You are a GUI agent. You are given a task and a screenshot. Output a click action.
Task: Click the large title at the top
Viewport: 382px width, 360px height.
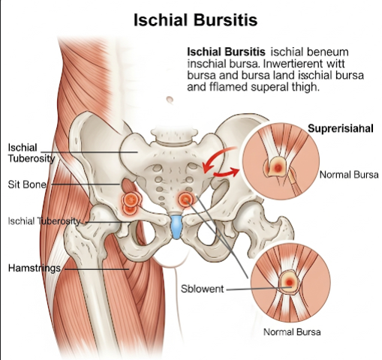click(195, 20)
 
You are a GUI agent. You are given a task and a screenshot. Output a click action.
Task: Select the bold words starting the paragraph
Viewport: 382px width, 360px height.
click(226, 52)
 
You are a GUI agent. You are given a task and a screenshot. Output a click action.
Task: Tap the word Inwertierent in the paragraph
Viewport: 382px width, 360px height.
click(293, 64)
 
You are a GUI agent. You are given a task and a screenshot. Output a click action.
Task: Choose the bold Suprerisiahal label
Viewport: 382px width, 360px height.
click(341, 128)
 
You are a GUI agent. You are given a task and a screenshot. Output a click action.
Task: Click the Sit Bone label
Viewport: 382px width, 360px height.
click(27, 184)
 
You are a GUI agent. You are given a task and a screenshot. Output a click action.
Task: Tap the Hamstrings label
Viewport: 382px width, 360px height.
click(35, 268)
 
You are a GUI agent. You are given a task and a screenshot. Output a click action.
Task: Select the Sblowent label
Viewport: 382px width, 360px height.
click(202, 289)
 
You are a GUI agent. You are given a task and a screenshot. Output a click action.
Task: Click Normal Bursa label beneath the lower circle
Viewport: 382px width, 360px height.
click(292, 332)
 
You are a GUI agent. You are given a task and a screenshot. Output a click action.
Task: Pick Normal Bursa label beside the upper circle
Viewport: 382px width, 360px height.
click(349, 175)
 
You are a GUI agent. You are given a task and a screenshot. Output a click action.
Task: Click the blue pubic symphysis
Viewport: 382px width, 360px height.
click(176, 226)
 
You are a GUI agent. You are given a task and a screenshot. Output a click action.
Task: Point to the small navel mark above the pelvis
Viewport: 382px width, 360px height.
click(170, 100)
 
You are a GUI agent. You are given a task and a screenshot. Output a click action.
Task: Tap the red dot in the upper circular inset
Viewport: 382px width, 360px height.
click(278, 168)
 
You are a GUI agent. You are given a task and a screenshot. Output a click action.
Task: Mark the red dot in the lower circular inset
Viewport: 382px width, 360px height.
click(289, 283)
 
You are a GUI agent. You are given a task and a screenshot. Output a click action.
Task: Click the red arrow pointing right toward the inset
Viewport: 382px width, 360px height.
click(227, 172)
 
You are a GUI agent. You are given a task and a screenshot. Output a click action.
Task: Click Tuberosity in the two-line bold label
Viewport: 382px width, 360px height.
click(32, 158)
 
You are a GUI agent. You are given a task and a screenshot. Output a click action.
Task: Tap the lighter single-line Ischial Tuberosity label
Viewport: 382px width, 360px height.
click(44, 221)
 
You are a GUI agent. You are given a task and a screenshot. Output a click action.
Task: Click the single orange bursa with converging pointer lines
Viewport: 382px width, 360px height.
click(185, 199)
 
